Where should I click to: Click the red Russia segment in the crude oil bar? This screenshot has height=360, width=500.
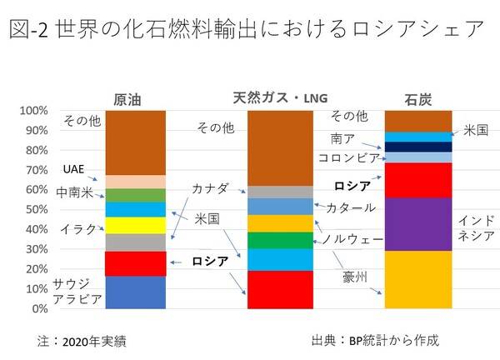pos(135,263)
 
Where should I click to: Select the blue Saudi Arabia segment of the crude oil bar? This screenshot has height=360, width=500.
pos(135,292)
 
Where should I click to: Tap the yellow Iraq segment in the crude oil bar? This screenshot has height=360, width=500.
pos(135,225)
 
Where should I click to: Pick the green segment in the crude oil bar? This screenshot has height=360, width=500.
pos(135,195)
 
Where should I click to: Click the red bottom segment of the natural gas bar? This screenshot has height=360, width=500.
pos(281,289)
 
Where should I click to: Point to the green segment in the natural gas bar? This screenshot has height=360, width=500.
pos(281,240)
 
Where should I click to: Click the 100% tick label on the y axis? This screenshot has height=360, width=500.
pos(34,111)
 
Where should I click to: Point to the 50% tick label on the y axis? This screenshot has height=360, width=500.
pos(37,210)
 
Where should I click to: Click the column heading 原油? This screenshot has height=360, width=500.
pos(132,98)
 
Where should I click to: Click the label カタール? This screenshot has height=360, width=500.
pos(349,207)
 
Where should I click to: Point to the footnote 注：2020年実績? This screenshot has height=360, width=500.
pos(84,341)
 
